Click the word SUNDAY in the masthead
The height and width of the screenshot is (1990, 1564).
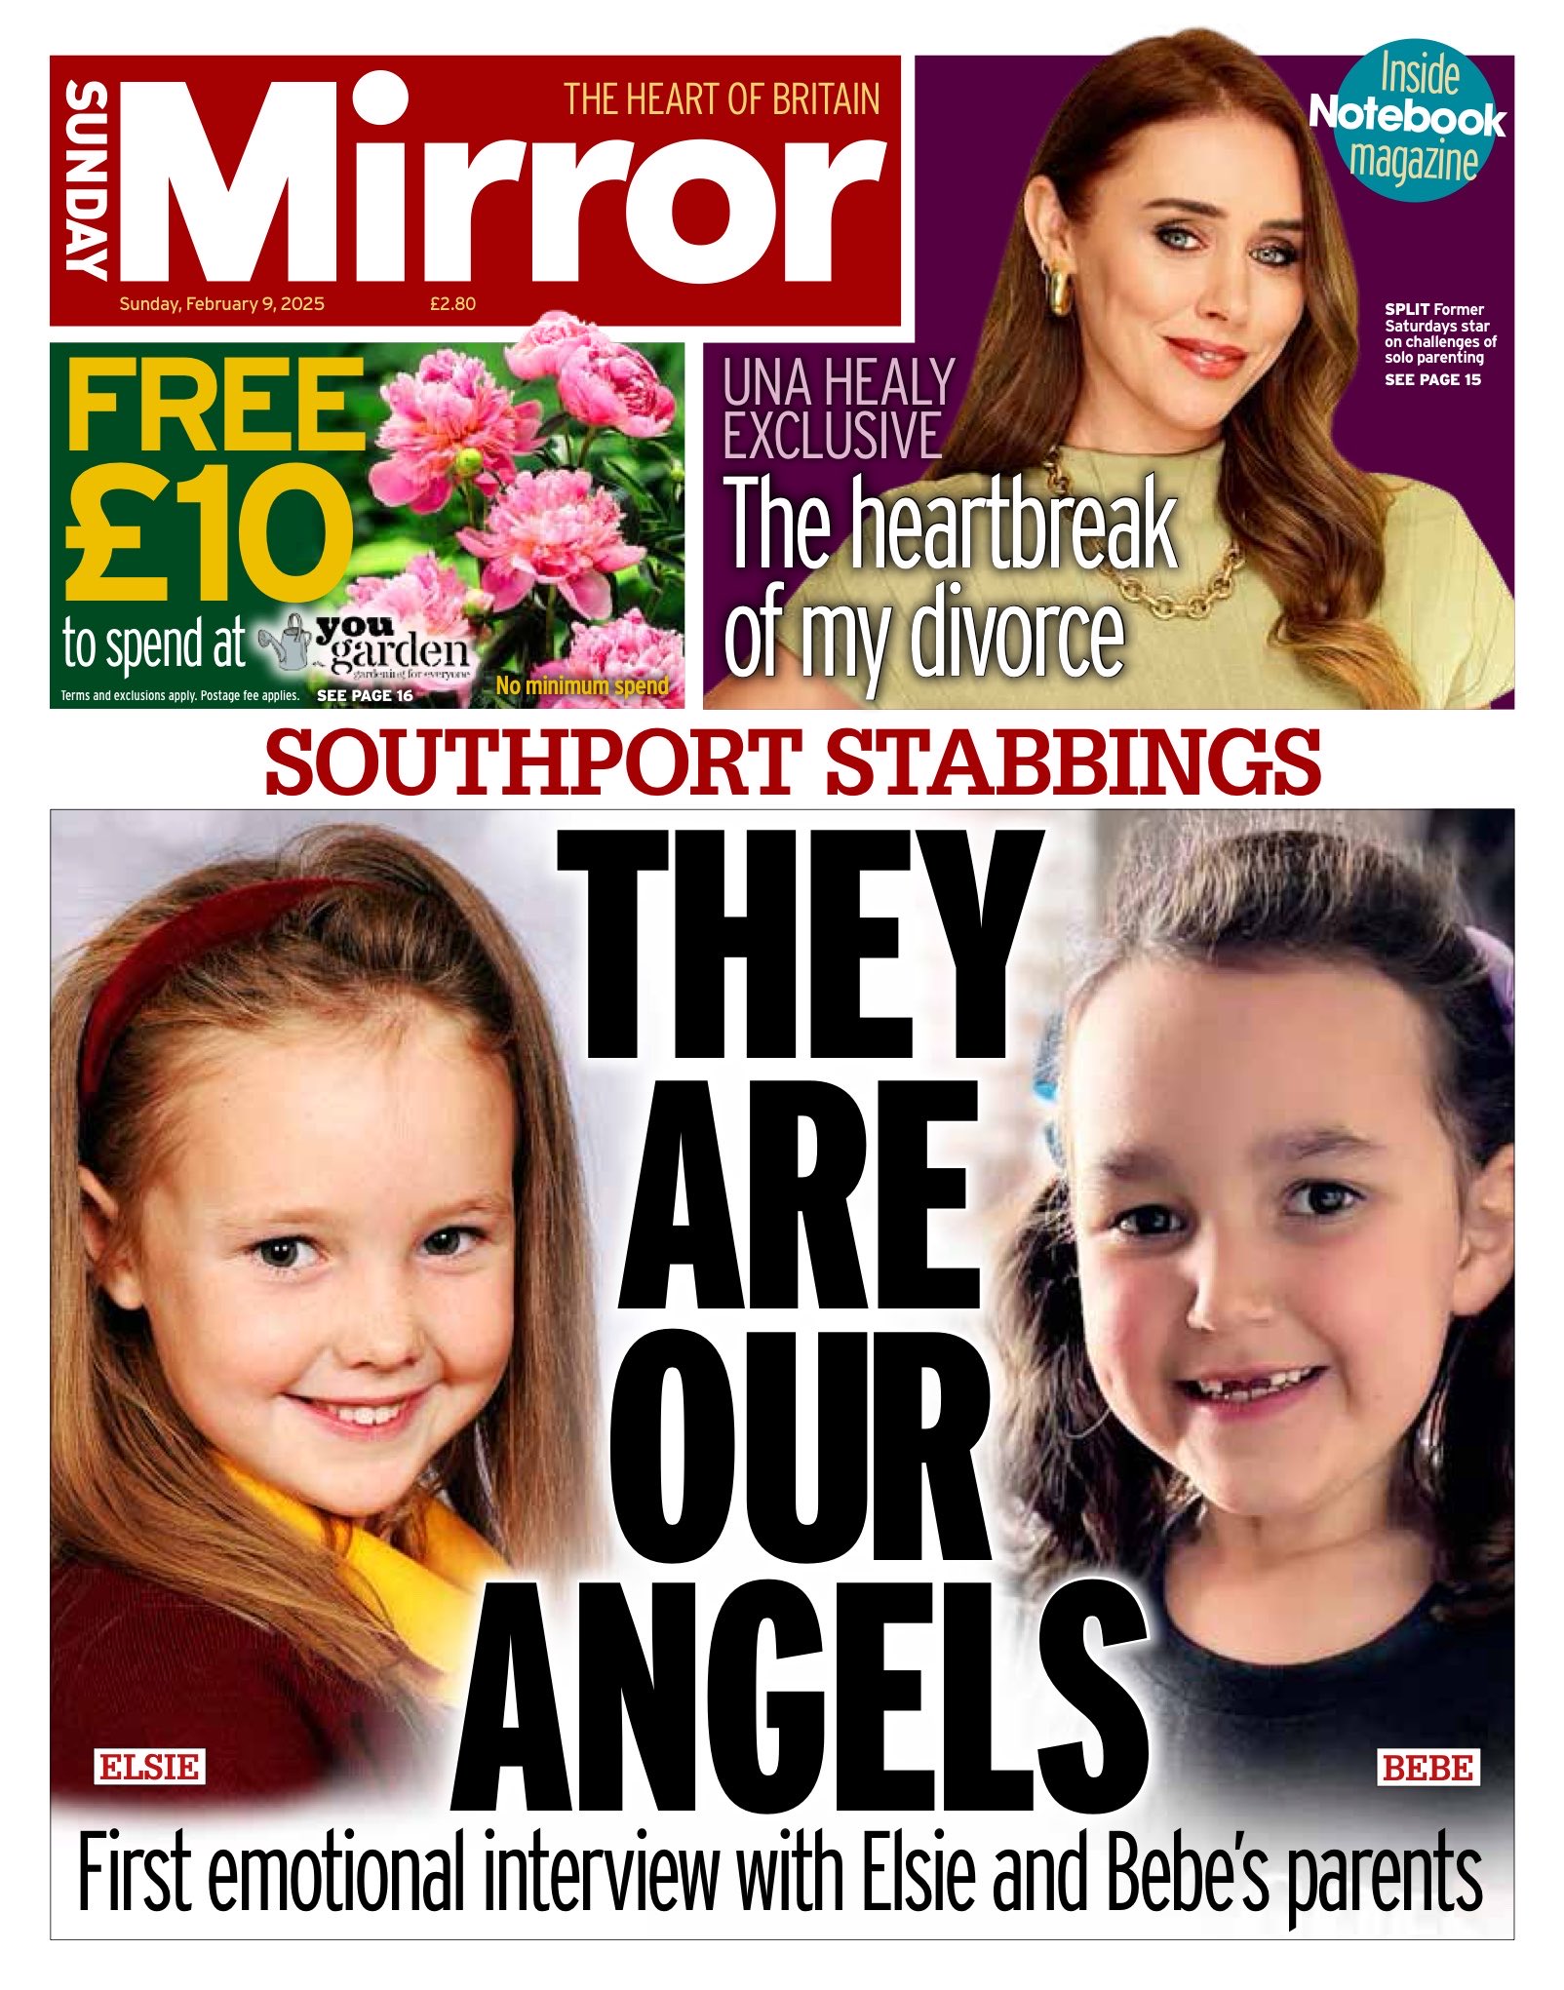coord(86,181)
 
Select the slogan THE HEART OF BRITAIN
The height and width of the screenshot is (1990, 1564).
coord(721,99)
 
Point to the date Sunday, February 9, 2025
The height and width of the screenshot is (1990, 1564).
coord(221,304)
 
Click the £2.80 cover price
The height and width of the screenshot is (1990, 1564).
coord(452,304)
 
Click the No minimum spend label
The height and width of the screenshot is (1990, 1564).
coord(582,685)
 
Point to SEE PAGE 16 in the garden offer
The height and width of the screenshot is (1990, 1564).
coord(365,696)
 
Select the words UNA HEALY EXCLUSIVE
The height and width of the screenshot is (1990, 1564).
coord(837,409)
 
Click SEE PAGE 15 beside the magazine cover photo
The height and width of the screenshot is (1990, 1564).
coord(1432,379)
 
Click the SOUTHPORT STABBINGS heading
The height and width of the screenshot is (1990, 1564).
coord(792,762)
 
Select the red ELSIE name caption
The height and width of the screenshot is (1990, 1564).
coord(149,1767)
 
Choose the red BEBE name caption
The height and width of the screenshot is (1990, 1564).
coord(1427,1767)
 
